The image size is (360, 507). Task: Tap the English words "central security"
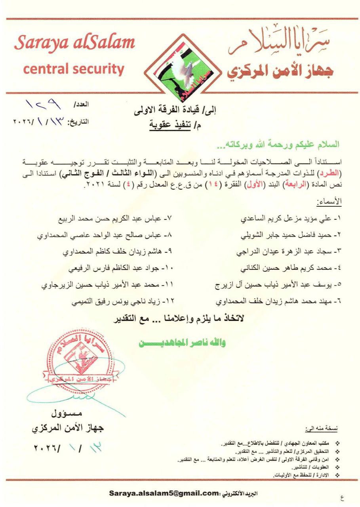(x=74, y=69)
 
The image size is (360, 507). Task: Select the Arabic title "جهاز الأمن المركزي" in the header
(x=280, y=71)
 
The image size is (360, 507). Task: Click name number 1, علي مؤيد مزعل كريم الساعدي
(x=291, y=218)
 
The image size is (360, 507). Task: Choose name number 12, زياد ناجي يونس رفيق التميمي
(x=123, y=301)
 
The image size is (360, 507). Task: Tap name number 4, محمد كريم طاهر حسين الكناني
(x=291, y=268)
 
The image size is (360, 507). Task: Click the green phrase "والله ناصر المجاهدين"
(x=182, y=343)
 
